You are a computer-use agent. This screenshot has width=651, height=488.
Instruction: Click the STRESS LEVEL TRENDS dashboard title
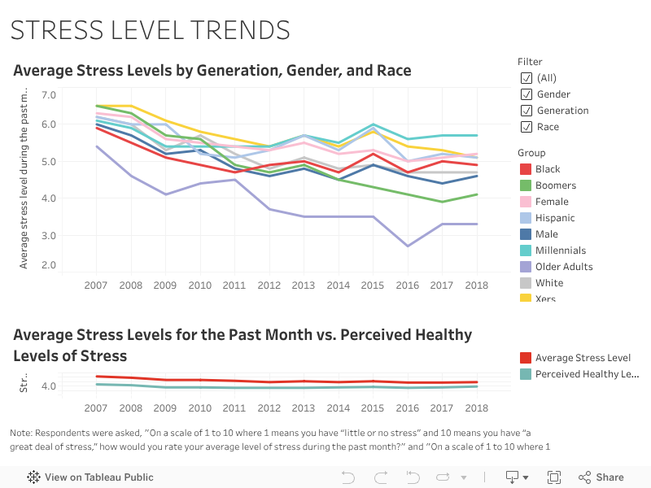(x=150, y=30)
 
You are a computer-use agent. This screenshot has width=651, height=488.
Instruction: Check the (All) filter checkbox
(x=526, y=78)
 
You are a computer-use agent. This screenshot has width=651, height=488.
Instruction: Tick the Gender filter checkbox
(x=526, y=94)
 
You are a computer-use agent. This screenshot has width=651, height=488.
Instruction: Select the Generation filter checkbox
(x=526, y=111)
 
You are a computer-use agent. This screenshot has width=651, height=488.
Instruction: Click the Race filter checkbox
(x=526, y=127)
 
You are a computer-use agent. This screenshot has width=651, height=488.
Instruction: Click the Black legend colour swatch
(x=525, y=169)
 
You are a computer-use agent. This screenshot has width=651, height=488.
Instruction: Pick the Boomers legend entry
(x=556, y=185)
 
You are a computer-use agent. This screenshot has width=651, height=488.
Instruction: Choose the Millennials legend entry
(x=560, y=251)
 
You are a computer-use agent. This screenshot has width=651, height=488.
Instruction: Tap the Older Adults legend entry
(x=563, y=267)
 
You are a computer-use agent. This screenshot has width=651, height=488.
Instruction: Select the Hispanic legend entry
(x=555, y=218)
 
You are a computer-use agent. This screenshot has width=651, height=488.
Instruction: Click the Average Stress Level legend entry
(x=583, y=358)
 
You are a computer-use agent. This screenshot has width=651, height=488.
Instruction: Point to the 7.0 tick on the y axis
(x=48, y=95)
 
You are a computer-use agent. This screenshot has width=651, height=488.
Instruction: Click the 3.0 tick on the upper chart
(x=48, y=236)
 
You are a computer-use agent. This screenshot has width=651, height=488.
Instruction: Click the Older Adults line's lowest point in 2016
(x=408, y=246)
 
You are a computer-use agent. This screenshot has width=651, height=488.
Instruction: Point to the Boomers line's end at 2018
(x=477, y=194)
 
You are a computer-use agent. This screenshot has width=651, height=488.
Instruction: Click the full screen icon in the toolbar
(x=554, y=477)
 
